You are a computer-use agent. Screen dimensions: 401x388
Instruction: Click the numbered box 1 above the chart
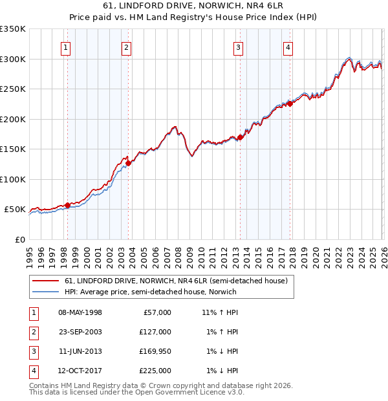67,47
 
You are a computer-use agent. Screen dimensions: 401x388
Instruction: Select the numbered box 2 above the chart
127,47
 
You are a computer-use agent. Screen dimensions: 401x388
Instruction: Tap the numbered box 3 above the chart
239,47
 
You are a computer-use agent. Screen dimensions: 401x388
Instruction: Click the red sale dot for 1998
67,205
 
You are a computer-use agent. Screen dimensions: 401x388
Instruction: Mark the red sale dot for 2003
129,163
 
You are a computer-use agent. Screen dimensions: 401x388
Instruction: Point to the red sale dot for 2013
240,137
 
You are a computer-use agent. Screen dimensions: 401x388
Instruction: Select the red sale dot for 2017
290,103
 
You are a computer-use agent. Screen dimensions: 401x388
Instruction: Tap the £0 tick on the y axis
19,239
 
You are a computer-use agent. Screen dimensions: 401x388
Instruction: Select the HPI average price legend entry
151,292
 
